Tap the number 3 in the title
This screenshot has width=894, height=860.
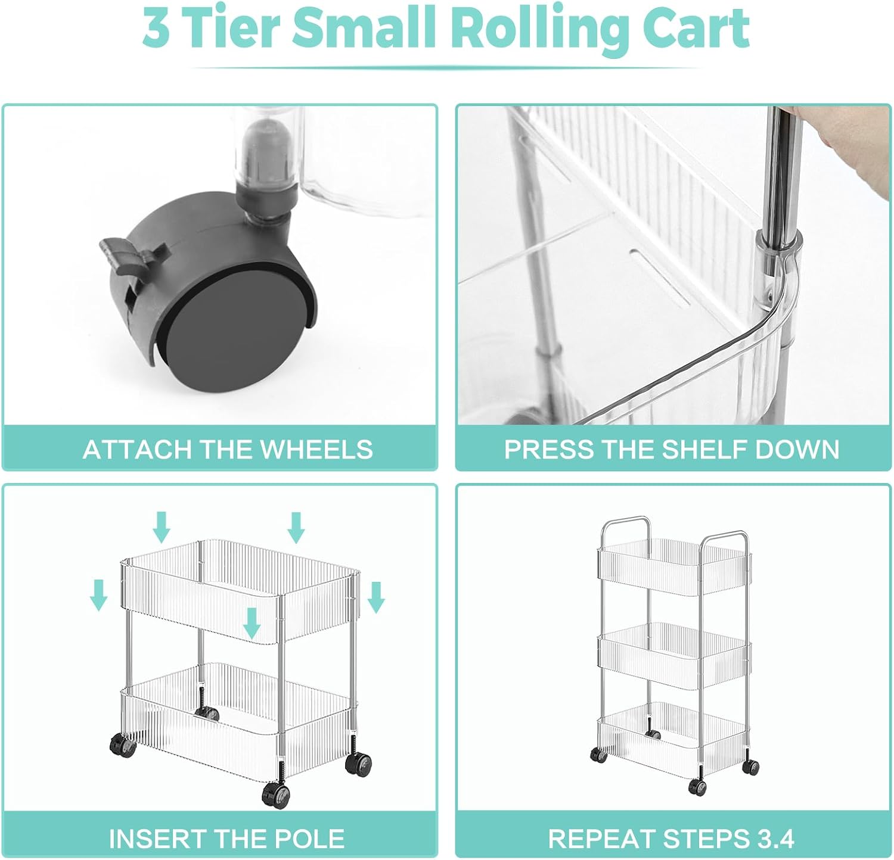tap(156, 28)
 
